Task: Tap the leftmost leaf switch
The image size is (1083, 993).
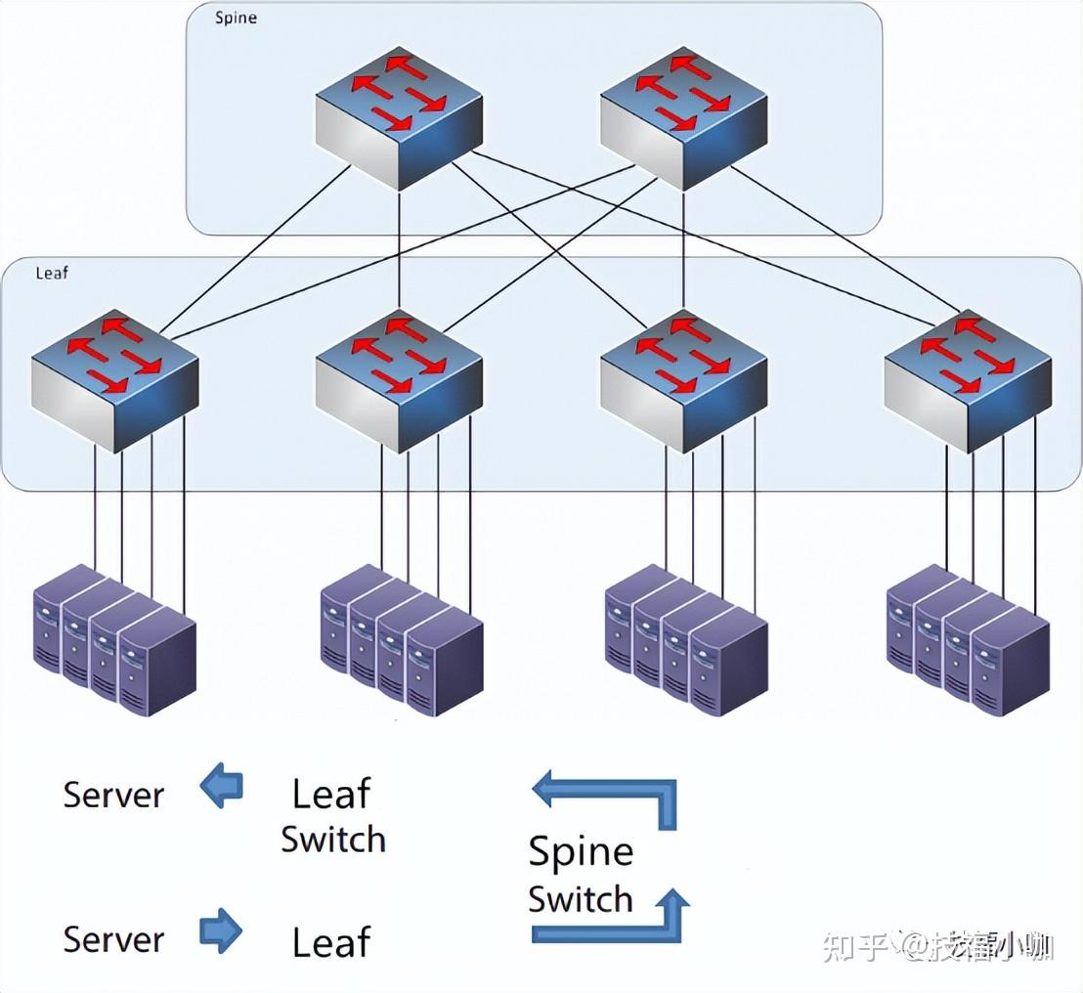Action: [x=115, y=383]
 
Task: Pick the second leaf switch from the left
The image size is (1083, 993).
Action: [x=399, y=383]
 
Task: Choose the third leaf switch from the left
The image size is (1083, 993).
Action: [x=683, y=383]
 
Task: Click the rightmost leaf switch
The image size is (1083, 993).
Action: [x=968, y=383]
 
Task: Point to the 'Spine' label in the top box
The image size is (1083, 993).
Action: [x=237, y=19]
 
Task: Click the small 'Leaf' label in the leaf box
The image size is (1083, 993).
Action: [x=52, y=273]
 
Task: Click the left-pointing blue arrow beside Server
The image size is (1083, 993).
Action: [x=222, y=787]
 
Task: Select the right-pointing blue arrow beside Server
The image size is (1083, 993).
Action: [x=221, y=930]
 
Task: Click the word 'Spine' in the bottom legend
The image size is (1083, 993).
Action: [x=581, y=852]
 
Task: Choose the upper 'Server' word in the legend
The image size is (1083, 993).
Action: [x=113, y=795]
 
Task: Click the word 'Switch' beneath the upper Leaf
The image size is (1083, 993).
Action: [x=333, y=840]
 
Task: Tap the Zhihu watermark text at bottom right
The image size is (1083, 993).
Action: [x=938, y=946]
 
